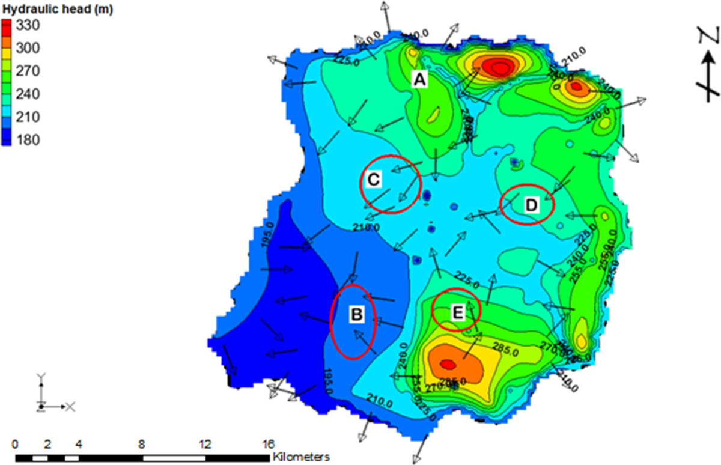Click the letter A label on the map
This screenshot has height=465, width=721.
tap(419, 79)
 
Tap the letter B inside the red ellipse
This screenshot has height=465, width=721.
tap(356, 313)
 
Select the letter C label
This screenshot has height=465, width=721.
tap(373, 180)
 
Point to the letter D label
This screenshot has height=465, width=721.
tap(531, 205)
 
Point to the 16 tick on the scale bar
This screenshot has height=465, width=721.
tap(268, 445)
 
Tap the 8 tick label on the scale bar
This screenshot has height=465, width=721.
tap(141, 445)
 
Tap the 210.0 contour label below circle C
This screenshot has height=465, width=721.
tap(366, 227)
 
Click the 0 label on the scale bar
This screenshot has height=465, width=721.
tap(15, 445)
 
